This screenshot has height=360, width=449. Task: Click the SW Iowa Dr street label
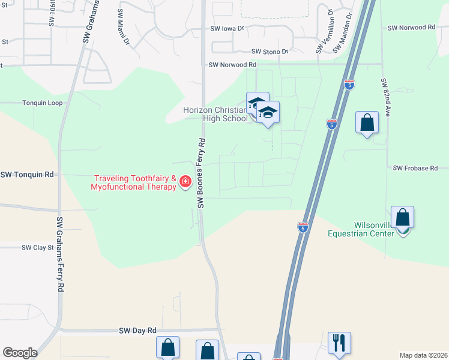coord(227,28)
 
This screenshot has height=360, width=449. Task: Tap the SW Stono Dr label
coord(270,52)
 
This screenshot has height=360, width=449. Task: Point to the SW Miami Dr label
coord(124,26)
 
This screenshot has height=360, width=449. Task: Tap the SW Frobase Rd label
coord(415,169)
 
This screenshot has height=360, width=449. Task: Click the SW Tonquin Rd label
coord(27,175)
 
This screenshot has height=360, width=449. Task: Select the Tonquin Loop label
coord(42,103)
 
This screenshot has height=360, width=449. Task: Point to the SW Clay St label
coord(38,247)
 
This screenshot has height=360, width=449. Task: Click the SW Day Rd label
coord(137,331)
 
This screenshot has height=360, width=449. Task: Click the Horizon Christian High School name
coord(215,114)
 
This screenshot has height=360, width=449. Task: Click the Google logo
coord(20,353)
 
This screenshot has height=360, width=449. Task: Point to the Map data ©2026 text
coord(423,355)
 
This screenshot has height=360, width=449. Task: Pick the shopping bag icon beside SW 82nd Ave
coord(367,122)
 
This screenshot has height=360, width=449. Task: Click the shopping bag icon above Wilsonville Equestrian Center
coord(402,217)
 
